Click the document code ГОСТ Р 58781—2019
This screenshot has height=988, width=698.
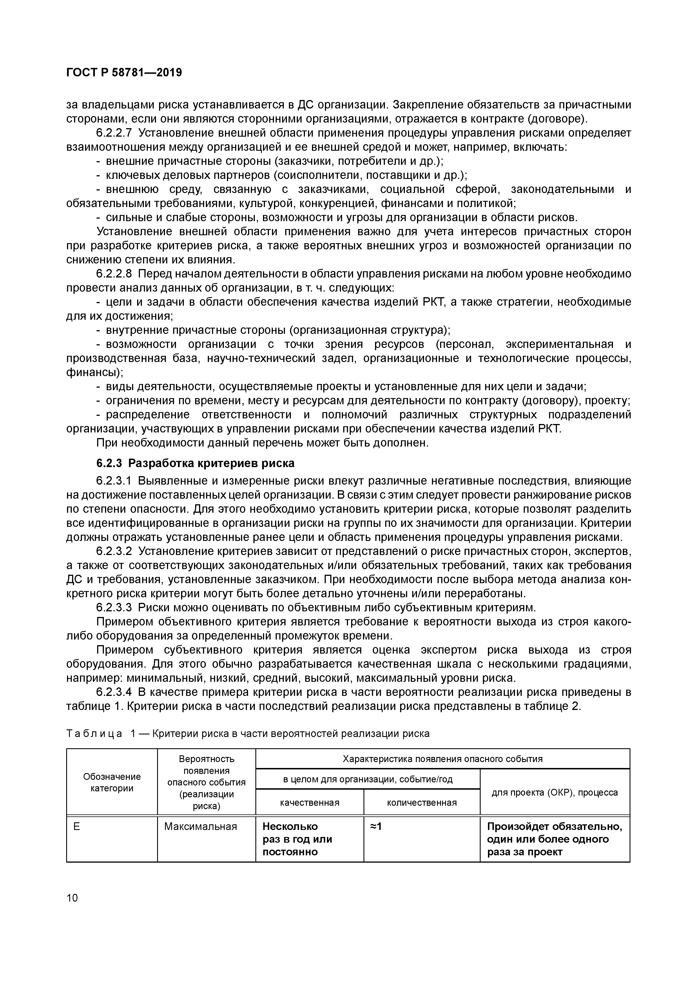[x=124, y=73]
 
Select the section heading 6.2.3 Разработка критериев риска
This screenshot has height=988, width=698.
[x=195, y=463]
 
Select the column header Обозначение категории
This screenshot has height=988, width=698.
[x=112, y=782]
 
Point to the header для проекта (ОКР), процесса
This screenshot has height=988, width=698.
[x=554, y=792]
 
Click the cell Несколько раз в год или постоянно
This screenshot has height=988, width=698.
[x=297, y=839]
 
